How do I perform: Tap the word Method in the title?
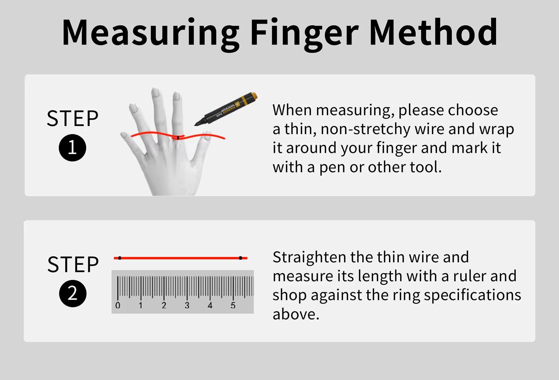tap(433, 32)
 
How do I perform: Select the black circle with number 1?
tap(72, 148)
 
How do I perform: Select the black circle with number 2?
tap(73, 294)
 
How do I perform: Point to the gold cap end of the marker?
tap(254, 96)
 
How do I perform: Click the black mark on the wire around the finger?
tap(178, 137)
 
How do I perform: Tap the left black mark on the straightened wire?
tap(120, 258)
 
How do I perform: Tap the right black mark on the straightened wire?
tap(240, 258)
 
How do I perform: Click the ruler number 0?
tap(118, 305)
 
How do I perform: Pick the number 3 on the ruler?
tap(187, 305)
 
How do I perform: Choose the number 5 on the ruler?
tap(233, 305)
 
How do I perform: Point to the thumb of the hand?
tap(202, 147)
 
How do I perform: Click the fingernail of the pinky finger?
tap(123, 135)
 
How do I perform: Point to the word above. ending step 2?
tap(296, 314)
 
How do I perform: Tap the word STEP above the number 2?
tap(73, 264)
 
